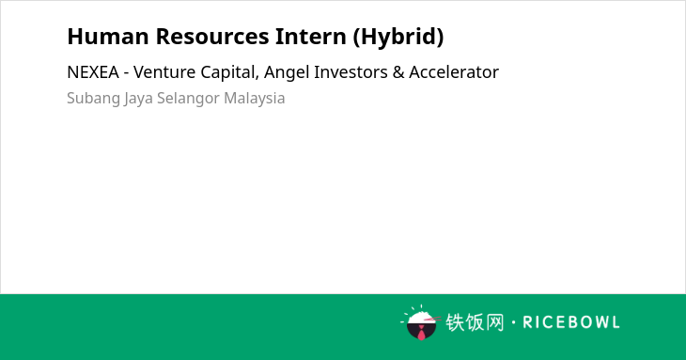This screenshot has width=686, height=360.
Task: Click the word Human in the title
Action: (108, 37)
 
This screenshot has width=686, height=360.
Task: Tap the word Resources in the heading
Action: (212, 37)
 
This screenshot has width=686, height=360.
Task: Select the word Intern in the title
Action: (311, 37)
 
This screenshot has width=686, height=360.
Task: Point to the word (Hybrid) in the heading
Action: (398, 38)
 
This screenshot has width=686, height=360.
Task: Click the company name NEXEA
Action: (93, 72)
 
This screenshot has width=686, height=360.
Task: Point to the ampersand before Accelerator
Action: (398, 72)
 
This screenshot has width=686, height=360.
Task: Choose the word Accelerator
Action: (454, 72)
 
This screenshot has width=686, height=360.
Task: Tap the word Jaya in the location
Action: (138, 99)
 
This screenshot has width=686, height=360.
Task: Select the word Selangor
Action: (188, 99)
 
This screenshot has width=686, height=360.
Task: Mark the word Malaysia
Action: (254, 99)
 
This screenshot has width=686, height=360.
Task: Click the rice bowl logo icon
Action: (420, 323)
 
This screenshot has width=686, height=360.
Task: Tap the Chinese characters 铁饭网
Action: (475, 322)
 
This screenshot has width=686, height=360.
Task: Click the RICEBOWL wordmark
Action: (571, 322)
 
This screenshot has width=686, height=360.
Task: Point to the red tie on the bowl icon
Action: (421, 333)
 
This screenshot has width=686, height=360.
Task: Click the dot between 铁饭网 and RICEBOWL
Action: (513, 322)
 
